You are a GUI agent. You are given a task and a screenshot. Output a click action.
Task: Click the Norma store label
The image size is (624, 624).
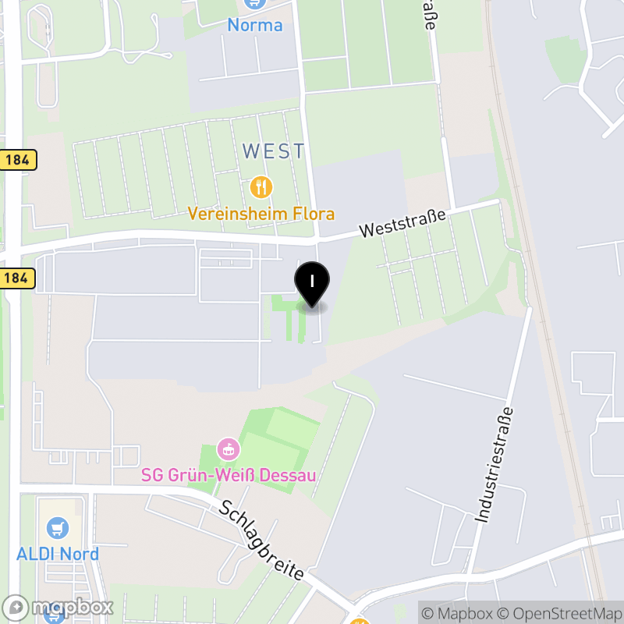(x=255, y=25)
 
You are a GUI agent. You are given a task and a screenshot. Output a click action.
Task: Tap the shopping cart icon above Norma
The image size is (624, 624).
(x=253, y=3)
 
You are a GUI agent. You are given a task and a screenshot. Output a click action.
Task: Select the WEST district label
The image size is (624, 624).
(x=274, y=151)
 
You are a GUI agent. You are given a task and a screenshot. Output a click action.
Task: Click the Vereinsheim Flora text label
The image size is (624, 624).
(x=261, y=214)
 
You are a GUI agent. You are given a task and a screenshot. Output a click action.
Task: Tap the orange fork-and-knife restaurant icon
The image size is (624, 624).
(x=261, y=187)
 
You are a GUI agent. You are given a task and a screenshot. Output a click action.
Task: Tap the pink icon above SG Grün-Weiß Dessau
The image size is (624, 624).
(x=228, y=449)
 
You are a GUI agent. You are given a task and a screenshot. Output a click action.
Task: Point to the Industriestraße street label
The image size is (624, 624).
(x=495, y=464)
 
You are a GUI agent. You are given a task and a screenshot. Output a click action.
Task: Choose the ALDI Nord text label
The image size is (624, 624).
(x=58, y=554)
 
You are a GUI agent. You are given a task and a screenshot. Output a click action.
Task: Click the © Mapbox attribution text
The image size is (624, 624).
(x=457, y=613)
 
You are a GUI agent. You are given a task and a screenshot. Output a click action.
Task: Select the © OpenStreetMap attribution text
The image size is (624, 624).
(x=558, y=613)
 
